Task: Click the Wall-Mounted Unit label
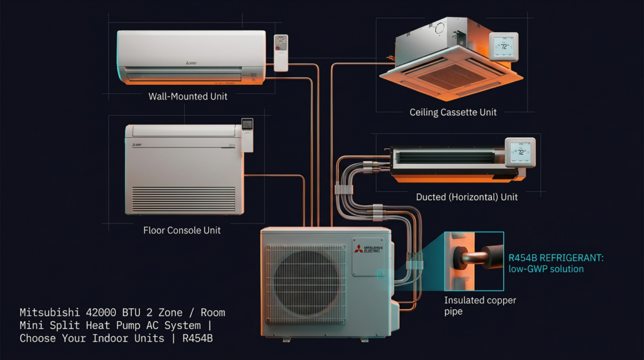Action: tap(187, 97)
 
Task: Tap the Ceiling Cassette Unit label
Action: tap(453, 113)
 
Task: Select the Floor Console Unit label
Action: tap(182, 230)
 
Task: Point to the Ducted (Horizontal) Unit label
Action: tap(467, 197)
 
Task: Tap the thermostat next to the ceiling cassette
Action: tap(504, 48)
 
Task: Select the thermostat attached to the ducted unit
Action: tap(519, 152)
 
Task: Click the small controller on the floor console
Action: tap(247, 133)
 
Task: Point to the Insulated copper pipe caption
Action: tap(480, 306)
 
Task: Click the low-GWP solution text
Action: tap(546, 269)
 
